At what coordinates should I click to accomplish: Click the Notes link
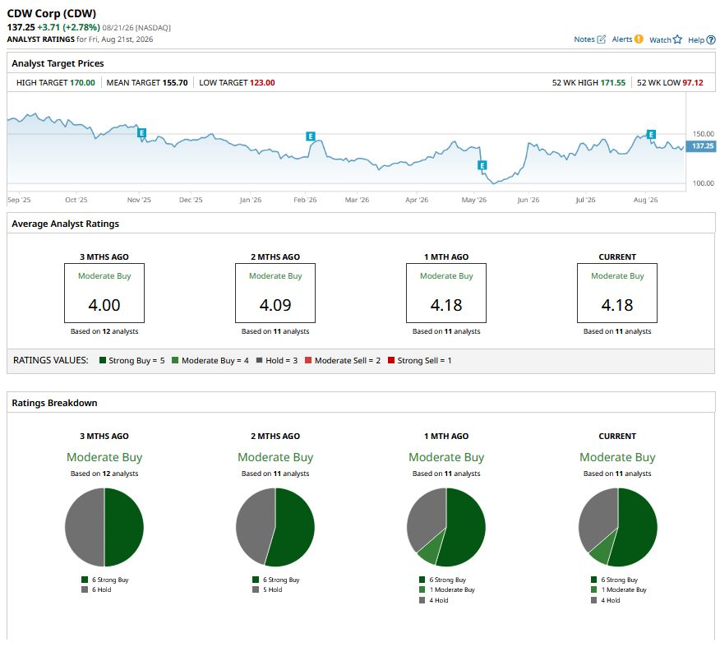point(589,39)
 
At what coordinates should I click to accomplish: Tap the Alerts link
point(627,39)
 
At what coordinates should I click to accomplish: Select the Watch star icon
point(677,39)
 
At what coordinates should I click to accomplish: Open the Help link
point(702,40)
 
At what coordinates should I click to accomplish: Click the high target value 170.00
point(82,83)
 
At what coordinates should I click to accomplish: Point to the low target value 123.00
point(262,83)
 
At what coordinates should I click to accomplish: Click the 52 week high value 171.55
point(612,83)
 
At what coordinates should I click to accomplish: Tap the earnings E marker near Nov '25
point(142,133)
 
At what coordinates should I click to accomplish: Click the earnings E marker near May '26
point(482,165)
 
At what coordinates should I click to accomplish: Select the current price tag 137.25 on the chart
point(703,146)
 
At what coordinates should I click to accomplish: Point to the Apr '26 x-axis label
point(417,200)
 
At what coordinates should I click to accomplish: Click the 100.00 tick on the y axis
point(704,183)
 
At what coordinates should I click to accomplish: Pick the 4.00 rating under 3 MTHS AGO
point(104,305)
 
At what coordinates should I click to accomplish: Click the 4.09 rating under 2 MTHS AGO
point(275,305)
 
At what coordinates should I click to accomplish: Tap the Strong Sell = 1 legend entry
point(420,360)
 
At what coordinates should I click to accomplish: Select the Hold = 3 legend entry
point(277,360)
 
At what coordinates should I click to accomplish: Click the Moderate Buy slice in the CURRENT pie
point(602,551)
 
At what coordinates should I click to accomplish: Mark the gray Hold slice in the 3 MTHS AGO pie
point(84,527)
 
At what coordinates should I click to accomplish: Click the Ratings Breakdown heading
point(54,403)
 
